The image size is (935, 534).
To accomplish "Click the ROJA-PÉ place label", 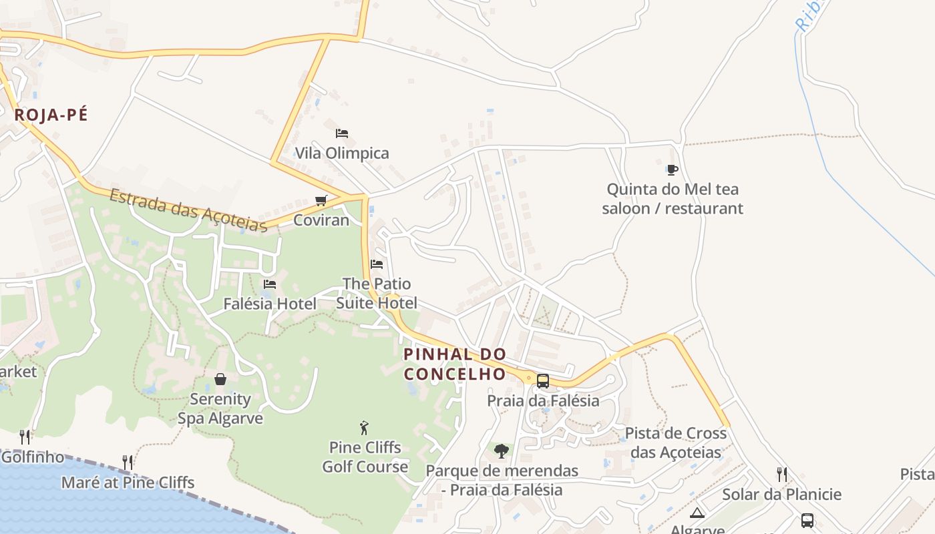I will coord(51,115).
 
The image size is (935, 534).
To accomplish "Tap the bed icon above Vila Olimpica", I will coord(342,133).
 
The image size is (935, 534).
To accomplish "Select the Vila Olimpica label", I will coord(342,154).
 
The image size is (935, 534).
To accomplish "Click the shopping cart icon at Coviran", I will coord(321,201).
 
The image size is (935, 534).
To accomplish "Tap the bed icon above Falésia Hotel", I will coord(270,284).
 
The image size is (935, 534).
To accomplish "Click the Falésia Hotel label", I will coord(270,304).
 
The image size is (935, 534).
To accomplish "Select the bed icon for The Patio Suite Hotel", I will coord(377,264).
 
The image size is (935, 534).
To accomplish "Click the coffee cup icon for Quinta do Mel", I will coord(673,170).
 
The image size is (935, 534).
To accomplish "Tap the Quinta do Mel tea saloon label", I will coord(673,199).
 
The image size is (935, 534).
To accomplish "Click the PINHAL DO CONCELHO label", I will coord(455,364).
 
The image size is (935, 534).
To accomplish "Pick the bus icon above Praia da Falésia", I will coord(543,381).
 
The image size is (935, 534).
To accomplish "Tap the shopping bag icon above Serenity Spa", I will coord(220,379).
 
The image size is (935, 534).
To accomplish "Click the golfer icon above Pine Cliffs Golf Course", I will coord(364,427).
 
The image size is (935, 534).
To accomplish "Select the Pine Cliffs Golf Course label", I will coord(365,457).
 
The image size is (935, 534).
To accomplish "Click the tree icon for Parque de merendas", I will coord(502,451).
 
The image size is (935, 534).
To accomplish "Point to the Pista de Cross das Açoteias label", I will coord(676,443).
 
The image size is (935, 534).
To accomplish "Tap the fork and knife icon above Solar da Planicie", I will coord(781,475).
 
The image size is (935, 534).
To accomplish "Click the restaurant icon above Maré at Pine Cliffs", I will coord(128,462).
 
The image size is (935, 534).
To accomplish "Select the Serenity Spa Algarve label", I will coord(220,409).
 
